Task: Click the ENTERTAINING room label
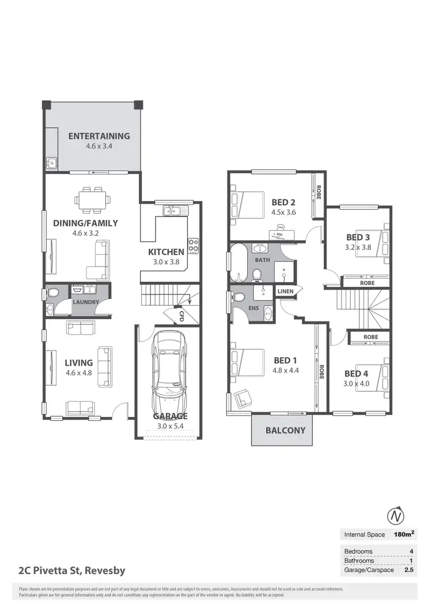99,136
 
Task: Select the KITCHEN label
166,252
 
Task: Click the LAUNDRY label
85,302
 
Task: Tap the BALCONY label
285,430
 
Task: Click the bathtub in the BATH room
238,263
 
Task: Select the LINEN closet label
286,291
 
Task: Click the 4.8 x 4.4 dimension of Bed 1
286,370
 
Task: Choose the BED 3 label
358,237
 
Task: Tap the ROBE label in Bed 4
370,337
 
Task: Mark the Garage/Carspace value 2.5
410,570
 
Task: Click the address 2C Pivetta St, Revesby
71,571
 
